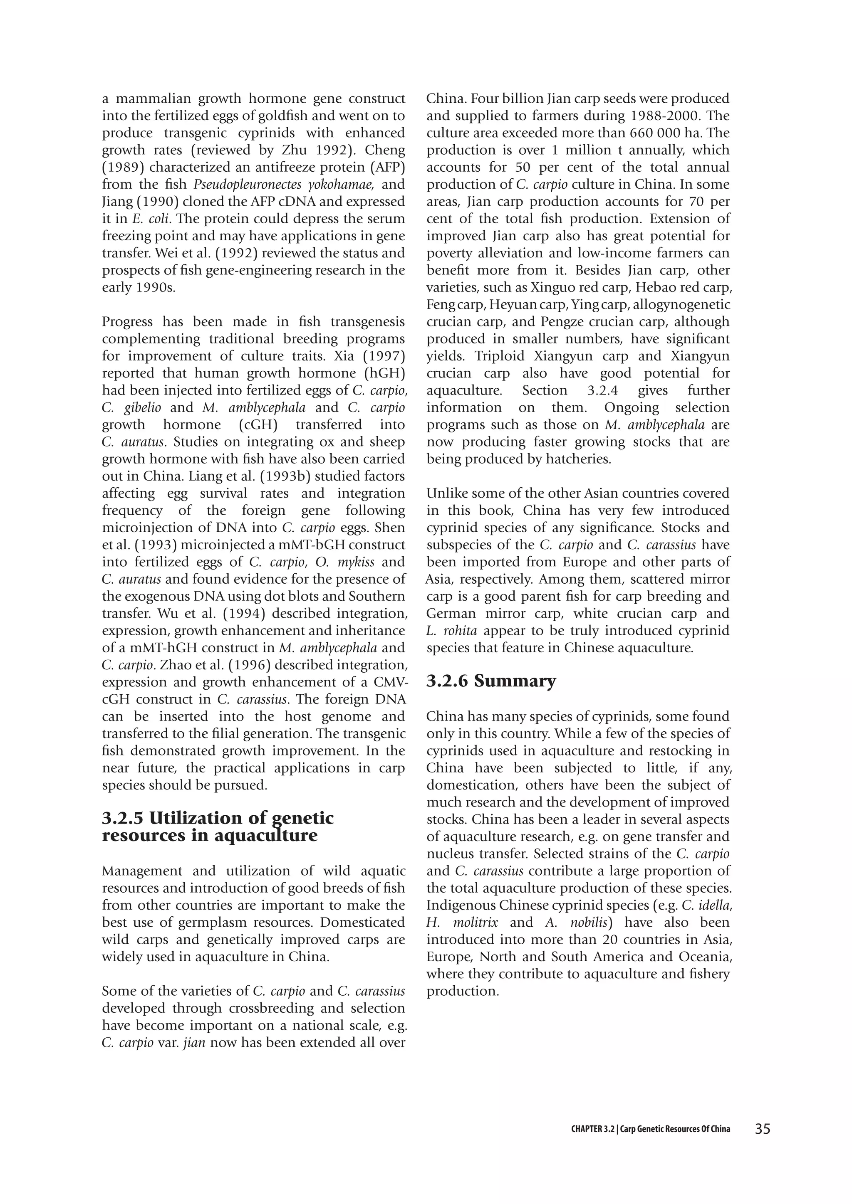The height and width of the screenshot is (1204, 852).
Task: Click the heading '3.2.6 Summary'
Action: click(x=491, y=681)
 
